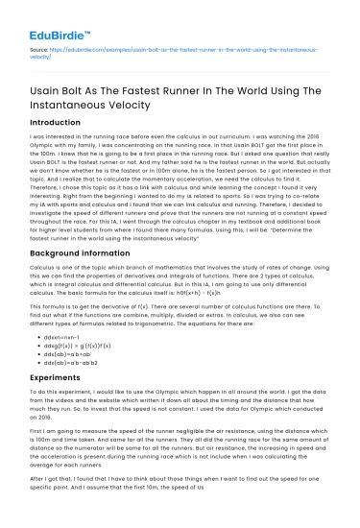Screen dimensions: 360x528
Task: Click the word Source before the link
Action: click(x=37, y=46)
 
